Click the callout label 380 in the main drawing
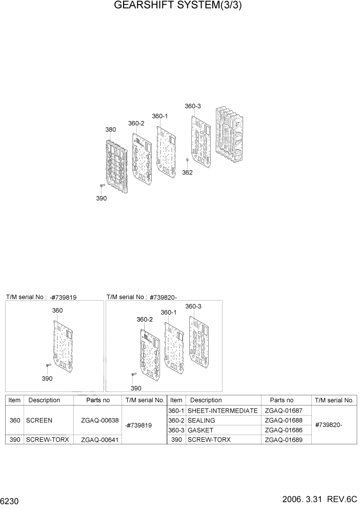(x=110, y=130)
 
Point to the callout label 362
(x=187, y=172)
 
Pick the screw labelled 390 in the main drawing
(x=102, y=185)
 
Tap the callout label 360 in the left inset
(x=57, y=310)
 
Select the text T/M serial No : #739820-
(x=142, y=297)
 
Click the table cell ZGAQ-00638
(x=97, y=420)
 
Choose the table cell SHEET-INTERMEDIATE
(x=223, y=410)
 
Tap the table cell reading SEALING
(x=202, y=420)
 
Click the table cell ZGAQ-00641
(x=97, y=440)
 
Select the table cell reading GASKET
(x=201, y=430)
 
